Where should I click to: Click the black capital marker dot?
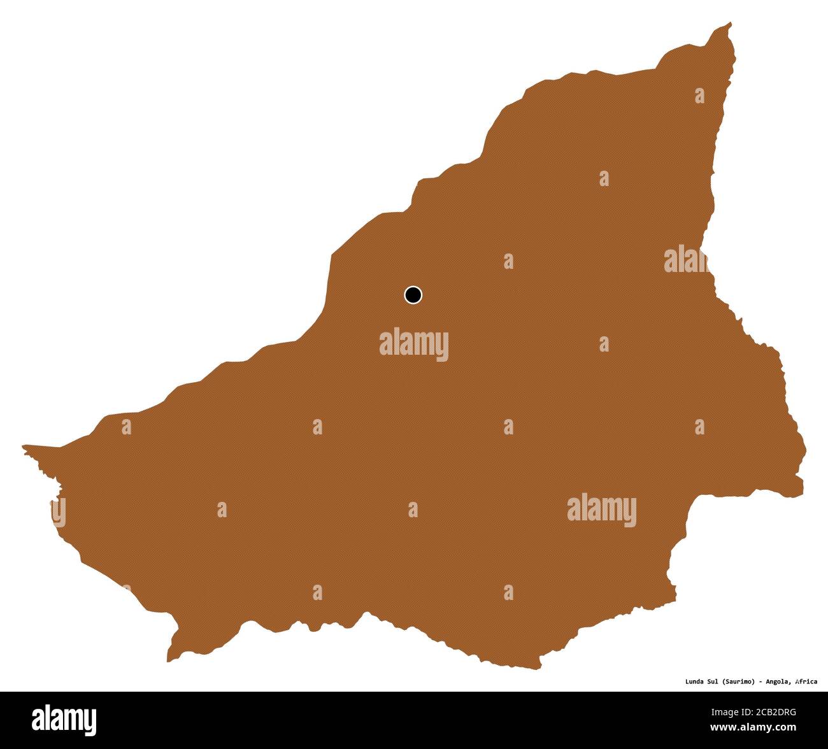tap(413, 295)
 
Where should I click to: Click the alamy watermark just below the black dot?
tap(414, 345)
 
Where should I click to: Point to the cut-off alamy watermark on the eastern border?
tap(687, 260)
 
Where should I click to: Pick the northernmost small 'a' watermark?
tap(699, 96)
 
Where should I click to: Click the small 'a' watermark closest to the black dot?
tap(508, 261)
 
